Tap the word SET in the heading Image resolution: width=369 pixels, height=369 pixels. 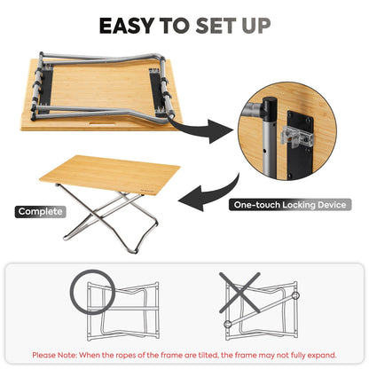[x=218, y=25]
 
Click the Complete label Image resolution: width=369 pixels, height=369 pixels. [x=39, y=212]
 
